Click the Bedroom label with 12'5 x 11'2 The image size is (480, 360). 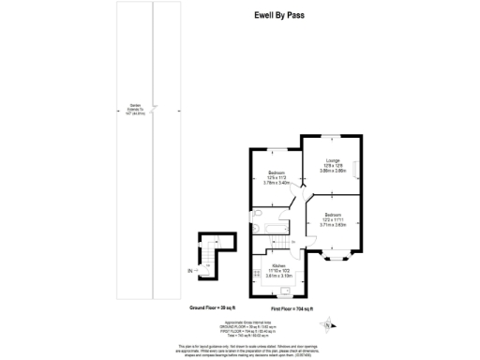click(x=277, y=173)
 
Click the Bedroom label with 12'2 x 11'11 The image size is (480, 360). click(x=333, y=215)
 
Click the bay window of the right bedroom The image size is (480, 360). click(x=333, y=255)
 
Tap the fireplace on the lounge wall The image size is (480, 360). click(x=358, y=165)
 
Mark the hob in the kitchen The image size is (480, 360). click(x=254, y=274)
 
